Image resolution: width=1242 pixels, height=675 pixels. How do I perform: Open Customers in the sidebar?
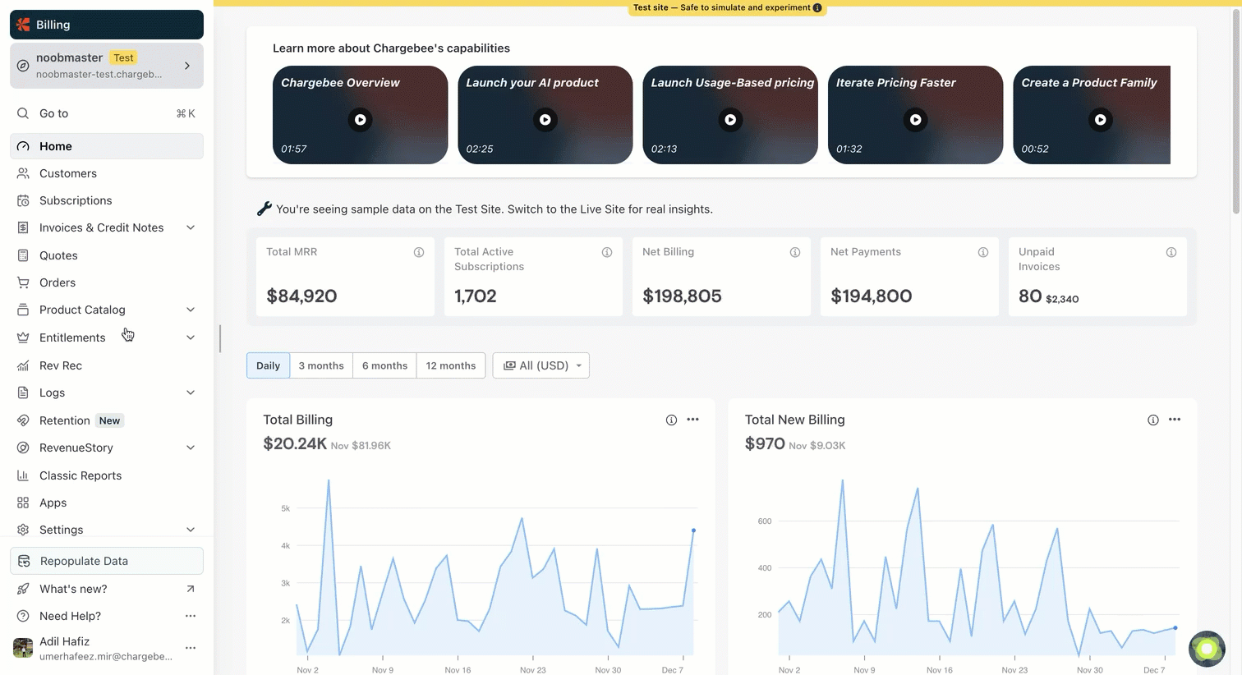(67, 173)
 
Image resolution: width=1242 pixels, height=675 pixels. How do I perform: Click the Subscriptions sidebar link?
(75, 200)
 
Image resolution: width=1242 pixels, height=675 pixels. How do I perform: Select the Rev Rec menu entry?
(60, 365)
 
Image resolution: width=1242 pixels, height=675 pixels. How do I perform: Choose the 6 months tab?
(384, 365)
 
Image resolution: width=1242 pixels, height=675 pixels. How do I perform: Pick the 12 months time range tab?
(450, 365)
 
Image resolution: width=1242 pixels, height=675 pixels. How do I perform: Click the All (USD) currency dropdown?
(541, 365)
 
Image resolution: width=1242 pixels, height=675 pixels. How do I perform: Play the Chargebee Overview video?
(361, 120)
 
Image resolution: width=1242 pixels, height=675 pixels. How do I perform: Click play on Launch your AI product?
(545, 120)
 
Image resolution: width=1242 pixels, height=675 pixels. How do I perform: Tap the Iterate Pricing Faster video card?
(915, 115)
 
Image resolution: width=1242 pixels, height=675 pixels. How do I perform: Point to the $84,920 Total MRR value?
(301, 296)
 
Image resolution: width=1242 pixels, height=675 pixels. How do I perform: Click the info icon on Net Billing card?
(795, 252)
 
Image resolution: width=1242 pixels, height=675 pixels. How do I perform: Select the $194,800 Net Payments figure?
(871, 296)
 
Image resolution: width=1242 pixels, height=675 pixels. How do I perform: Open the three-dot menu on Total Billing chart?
(693, 420)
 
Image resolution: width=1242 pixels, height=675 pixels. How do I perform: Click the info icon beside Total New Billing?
(1153, 420)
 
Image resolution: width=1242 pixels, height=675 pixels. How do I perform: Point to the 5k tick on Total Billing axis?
(285, 508)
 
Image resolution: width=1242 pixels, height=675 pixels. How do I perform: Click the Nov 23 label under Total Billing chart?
(532, 670)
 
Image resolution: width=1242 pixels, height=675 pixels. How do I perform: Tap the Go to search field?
(107, 113)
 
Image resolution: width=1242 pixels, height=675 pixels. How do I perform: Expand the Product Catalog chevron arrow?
(191, 310)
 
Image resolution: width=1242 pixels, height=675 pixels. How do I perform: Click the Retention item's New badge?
(109, 420)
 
